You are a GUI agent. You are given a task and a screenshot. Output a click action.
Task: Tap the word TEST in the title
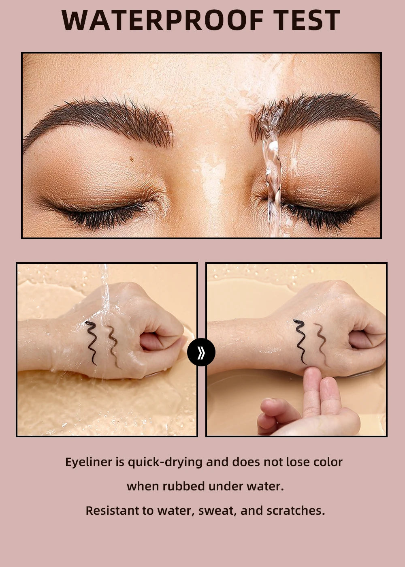306,20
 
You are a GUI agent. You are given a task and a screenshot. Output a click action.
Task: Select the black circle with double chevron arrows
201,352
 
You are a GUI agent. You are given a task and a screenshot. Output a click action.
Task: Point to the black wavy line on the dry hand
300,341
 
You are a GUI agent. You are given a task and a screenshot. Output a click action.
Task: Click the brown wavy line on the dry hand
321,343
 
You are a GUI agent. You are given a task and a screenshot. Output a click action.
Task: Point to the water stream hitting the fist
104,292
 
